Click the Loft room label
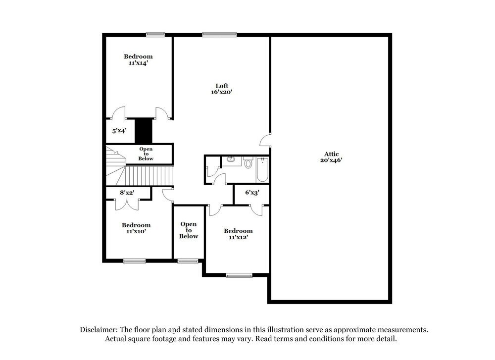(221, 85)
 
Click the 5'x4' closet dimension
(119, 131)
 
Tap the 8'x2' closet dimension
(128, 193)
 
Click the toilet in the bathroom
(248, 162)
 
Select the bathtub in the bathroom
(262, 170)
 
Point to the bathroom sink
(231, 159)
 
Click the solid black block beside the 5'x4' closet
(144, 131)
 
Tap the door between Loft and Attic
(266, 140)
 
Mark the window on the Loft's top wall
(219, 34)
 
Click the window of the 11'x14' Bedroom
(155, 34)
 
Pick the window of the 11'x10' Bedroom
(134, 261)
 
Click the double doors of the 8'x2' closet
(127, 203)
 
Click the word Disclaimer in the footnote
(98, 329)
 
